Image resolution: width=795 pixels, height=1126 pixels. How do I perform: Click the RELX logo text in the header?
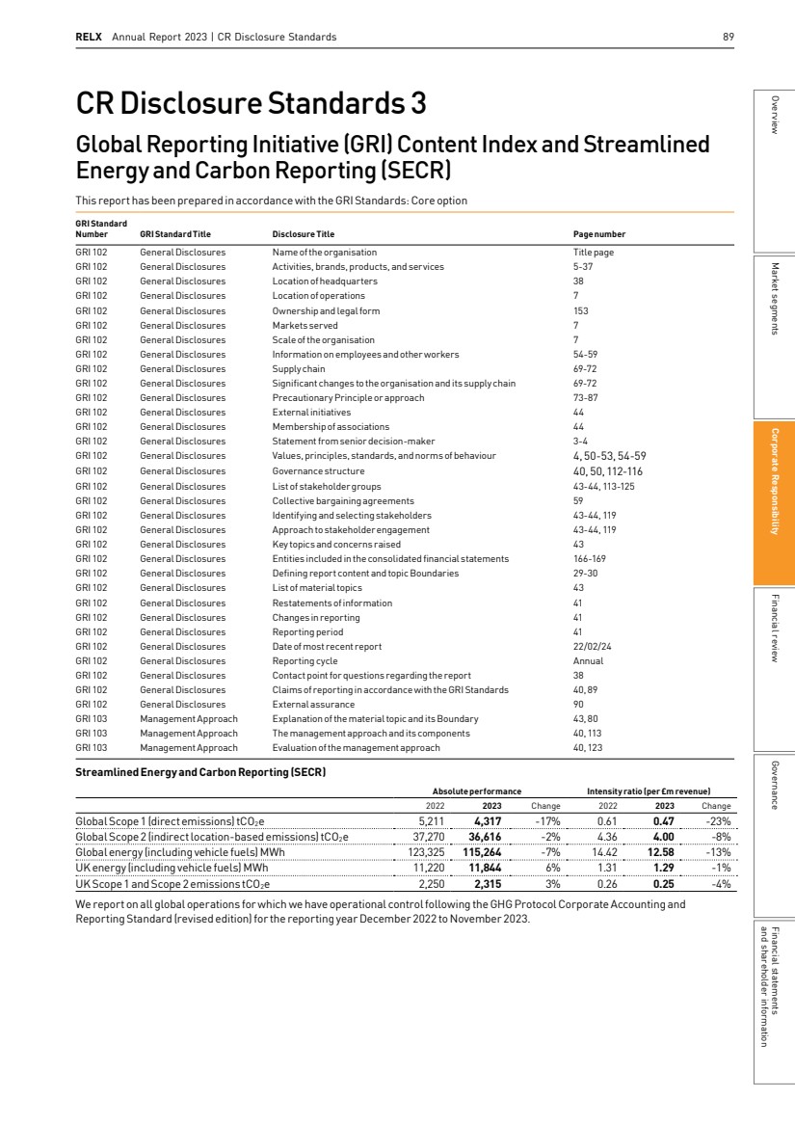tap(89, 38)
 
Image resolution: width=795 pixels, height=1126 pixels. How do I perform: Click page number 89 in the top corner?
tap(729, 38)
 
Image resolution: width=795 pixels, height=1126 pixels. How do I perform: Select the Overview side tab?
tap(774, 115)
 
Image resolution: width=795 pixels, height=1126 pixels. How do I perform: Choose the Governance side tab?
tap(774, 785)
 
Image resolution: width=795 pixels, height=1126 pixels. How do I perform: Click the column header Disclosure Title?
tap(303, 233)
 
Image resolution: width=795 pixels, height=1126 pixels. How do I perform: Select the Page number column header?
tap(599, 233)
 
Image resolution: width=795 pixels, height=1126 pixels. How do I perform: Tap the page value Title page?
tap(594, 252)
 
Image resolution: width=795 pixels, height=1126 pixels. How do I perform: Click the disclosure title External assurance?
tap(313, 705)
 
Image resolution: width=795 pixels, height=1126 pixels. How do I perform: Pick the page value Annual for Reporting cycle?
tap(588, 660)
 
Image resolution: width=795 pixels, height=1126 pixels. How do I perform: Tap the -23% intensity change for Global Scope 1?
tap(719, 820)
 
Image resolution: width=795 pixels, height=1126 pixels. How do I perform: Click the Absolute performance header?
tap(469, 791)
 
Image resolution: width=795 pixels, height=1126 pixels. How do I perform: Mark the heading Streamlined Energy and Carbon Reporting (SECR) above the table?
tap(200, 771)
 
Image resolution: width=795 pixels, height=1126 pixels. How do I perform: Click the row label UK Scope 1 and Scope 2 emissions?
tap(172, 882)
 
